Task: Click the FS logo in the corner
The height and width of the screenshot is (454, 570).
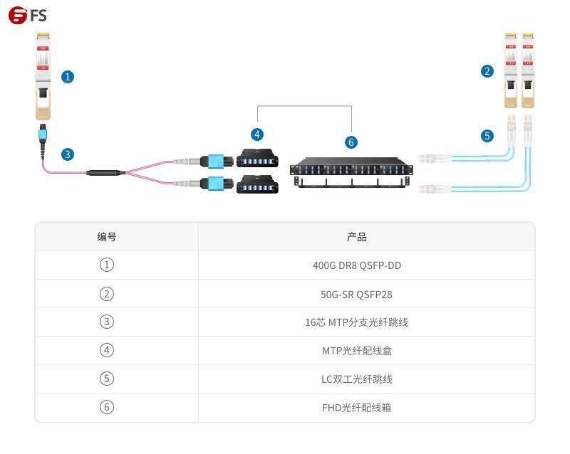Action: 27,15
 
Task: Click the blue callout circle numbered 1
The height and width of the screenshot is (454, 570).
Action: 68,76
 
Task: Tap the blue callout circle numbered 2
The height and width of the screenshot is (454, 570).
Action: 487,71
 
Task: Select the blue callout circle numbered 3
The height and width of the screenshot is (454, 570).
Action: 68,154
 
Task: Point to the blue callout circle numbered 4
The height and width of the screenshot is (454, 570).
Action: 256,134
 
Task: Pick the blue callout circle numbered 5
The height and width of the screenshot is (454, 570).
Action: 487,135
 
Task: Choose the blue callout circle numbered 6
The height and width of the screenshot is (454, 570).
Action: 351,142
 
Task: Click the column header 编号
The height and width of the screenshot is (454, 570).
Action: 107,237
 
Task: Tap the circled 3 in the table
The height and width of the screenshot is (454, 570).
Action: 107,322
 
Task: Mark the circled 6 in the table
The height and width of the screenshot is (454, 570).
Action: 107,407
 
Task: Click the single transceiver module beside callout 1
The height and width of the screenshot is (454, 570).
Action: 42,75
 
